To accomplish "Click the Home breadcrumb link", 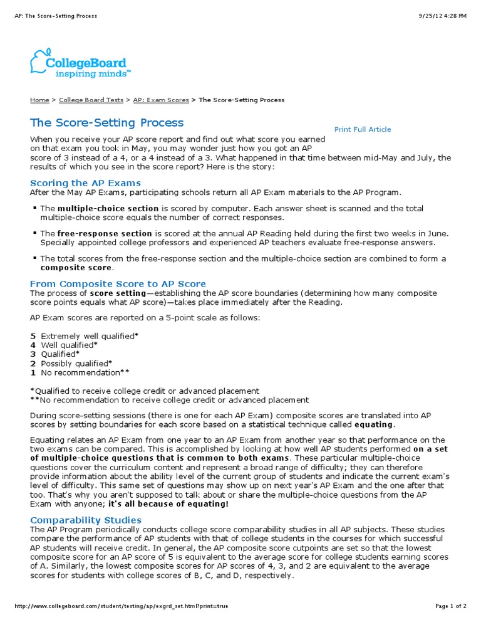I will [x=39, y=100].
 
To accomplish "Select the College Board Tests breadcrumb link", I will [x=91, y=100].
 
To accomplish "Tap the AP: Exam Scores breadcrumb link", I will [x=160, y=100].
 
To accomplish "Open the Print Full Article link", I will [x=362, y=130].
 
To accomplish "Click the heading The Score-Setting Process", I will [x=107, y=122].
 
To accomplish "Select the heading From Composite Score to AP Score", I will [x=118, y=284].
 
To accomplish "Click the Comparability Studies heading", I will [x=86, y=520].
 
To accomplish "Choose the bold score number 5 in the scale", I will [x=33, y=336].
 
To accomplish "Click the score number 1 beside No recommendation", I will [x=33, y=372].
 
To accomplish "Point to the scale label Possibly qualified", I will [x=75, y=363].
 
